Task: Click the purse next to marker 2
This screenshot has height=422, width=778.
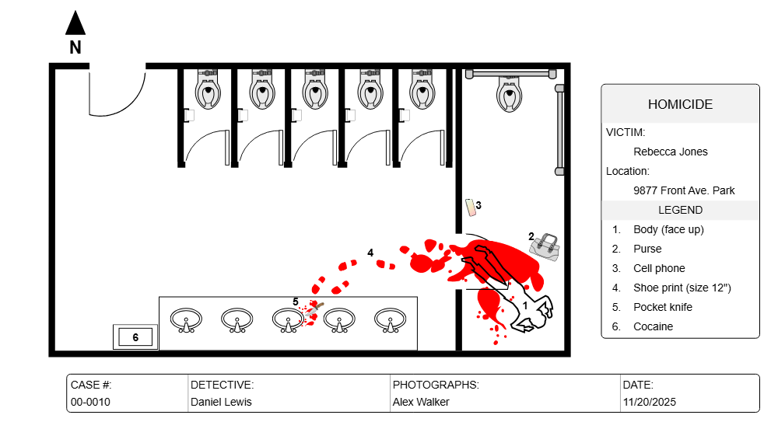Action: [x=545, y=246]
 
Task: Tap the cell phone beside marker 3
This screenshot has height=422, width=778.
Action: [x=471, y=207]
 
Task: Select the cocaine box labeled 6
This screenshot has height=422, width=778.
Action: [x=135, y=337]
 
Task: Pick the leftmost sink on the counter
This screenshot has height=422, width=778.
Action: [x=186, y=319]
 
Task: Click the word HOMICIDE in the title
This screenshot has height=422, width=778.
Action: [x=680, y=105]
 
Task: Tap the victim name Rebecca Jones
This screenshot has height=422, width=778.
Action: [x=671, y=152]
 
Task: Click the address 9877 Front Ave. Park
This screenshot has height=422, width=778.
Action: [x=684, y=190]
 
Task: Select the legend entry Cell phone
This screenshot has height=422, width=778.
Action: [x=659, y=268]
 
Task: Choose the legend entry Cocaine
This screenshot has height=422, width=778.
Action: [x=653, y=326]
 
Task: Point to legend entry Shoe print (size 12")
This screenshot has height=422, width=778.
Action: [x=682, y=288]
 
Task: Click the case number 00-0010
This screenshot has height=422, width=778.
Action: [x=90, y=402]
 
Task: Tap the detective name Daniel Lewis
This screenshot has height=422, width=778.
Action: [x=221, y=402]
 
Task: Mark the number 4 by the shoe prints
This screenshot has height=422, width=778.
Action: [x=370, y=253]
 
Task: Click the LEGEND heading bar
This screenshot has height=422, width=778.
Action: [x=680, y=210]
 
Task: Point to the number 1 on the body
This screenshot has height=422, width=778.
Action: [x=525, y=306]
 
